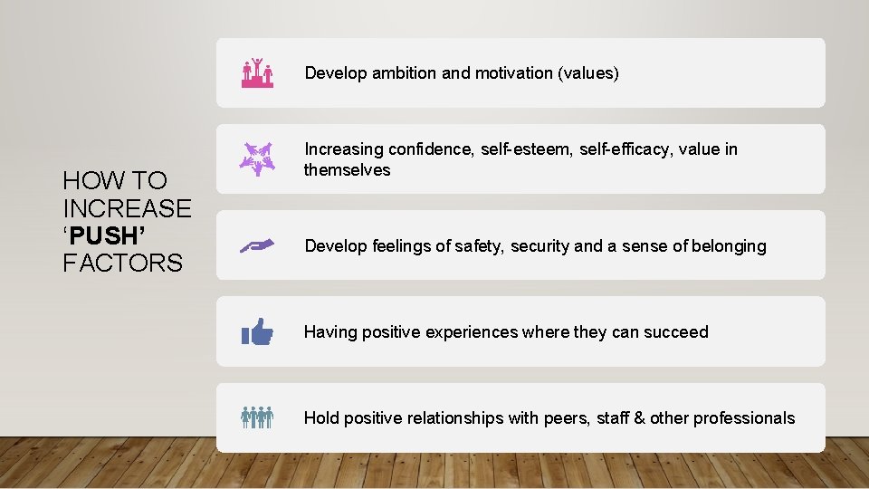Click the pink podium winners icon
click(257, 72)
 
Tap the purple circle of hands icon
click(257, 158)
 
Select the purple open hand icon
click(257, 245)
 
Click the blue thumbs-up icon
click(257, 332)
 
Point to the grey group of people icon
click(257, 417)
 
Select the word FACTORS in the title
click(122, 264)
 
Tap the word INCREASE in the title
click(127, 208)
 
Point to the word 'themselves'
click(347, 170)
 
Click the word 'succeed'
click(675, 332)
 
